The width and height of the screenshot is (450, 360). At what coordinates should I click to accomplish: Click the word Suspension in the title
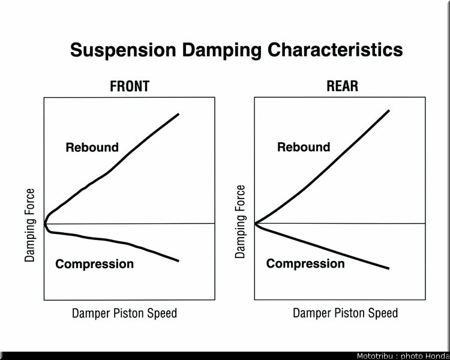coord(123,50)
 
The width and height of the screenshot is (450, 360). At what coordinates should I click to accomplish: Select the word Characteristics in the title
coord(335,50)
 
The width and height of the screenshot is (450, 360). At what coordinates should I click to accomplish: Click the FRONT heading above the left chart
coord(130,86)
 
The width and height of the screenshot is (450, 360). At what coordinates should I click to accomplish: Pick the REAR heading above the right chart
coord(343,86)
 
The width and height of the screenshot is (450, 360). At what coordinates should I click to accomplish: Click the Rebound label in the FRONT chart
coord(92,147)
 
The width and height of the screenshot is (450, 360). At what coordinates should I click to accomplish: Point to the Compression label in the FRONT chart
coord(94,264)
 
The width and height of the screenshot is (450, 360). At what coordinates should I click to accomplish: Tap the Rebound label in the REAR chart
coord(304,147)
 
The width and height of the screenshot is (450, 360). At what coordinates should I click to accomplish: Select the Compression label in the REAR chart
coord(305,264)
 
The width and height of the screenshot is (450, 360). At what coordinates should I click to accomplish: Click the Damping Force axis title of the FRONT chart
coord(29,226)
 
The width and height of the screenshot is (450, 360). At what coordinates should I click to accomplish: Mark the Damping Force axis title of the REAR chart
coord(240,222)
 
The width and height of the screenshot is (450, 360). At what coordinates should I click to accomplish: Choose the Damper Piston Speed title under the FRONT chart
coord(124,313)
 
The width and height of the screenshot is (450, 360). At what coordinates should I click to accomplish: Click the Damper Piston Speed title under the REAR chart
coord(345,313)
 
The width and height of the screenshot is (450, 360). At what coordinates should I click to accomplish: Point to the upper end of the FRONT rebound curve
coord(179,114)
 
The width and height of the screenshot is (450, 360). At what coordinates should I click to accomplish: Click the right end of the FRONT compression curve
coord(179,261)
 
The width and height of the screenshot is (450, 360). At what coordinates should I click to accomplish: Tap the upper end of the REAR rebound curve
coord(389,110)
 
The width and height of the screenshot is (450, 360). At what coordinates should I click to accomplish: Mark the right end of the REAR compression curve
coord(389,269)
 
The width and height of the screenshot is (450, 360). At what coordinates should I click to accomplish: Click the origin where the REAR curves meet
coord(255,223)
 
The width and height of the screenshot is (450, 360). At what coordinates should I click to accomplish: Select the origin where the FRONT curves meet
coord(45,224)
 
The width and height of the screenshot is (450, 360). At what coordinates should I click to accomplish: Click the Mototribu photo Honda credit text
coord(403,356)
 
